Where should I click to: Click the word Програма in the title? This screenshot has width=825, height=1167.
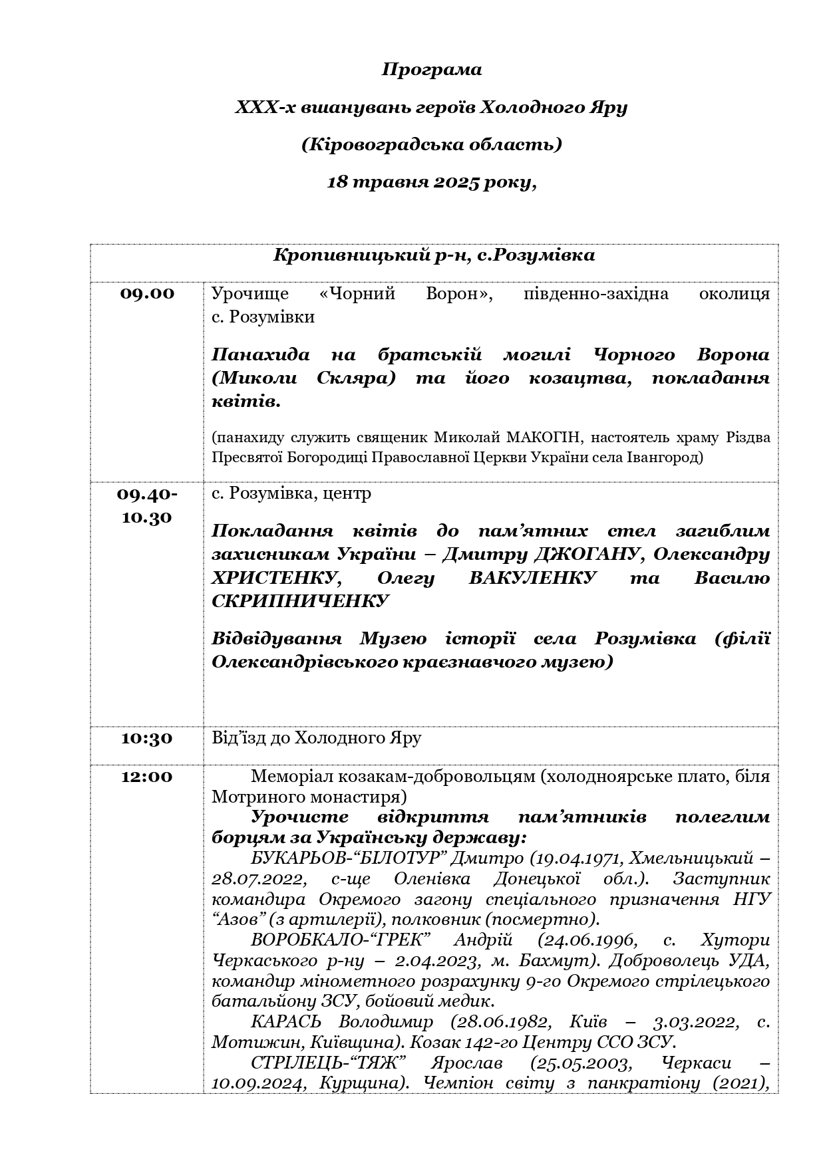coord(432,70)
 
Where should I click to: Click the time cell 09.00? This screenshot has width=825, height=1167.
coord(147,294)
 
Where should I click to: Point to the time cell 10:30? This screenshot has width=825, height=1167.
coord(147,738)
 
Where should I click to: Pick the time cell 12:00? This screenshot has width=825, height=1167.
coord(147,777)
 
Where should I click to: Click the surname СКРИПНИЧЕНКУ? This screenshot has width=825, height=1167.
coord(299,600)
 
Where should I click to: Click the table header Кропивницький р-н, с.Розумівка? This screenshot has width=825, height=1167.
coord(434,255)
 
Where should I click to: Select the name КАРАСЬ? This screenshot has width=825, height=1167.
coord(286,1021)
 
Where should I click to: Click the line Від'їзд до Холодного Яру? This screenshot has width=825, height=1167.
coord(316,738)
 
